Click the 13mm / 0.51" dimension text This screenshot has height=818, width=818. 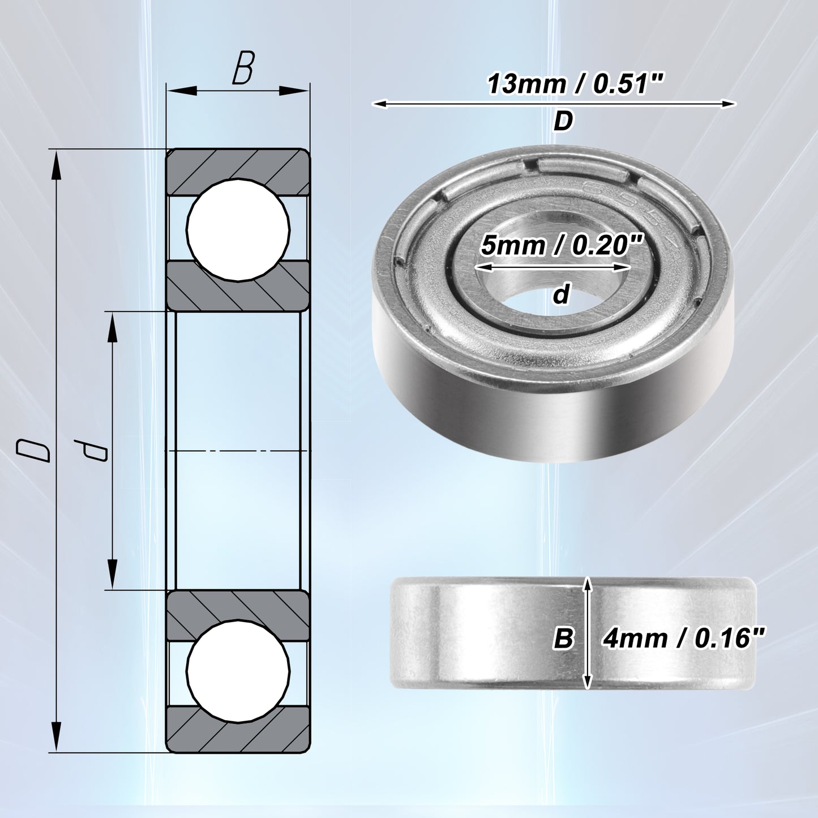click(x=575, y=84)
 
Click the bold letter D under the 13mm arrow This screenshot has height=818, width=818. click(x=563, y=122)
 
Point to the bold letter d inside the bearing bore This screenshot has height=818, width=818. click(x=561, y=294)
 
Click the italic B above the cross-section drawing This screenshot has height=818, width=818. click(x=243, y=68)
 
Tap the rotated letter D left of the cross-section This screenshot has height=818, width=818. click(x=33, y=450)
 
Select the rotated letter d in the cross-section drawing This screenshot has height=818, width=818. click(x=91, y=450)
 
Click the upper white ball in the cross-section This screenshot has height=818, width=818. click(x=238, y=229)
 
